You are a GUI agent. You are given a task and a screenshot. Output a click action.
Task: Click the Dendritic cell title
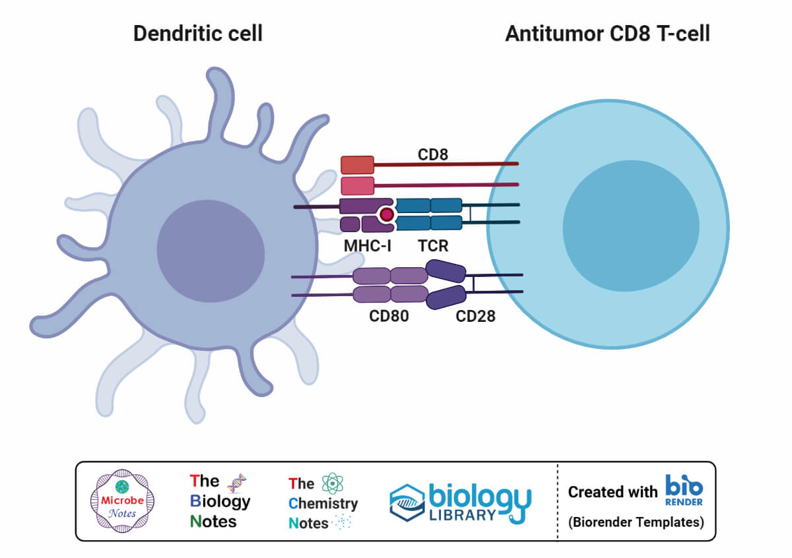click(x=198, y=34)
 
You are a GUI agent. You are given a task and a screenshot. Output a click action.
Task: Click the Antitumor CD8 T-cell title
click(x=607, y=34)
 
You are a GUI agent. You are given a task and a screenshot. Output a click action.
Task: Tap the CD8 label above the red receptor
click(x=433, y=154)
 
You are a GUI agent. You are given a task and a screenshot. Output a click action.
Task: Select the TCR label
click(x=433, y=246)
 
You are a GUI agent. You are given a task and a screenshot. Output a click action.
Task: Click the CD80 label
click(x=389, y=316)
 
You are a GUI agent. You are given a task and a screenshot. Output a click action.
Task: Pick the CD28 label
click(x=475, y=316)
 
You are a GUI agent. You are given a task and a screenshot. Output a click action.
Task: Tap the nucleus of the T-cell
click(x=630, y=226)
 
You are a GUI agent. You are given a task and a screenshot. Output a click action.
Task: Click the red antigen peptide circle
click(x=386, y=214)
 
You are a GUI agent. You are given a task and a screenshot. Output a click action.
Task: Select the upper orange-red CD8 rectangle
click(x=357, y=165)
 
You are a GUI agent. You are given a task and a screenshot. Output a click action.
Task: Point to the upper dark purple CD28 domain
click(x=446, y=270)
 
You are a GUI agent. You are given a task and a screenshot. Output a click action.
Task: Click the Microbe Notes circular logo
click(x=121, y=502)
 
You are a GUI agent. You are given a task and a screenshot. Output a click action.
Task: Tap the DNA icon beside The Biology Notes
click(x=237, y=483)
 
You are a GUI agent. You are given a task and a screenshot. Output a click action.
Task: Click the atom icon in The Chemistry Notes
click(x=333, y=484)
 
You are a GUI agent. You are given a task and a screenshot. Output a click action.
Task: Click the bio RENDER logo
click(x=684, y=491)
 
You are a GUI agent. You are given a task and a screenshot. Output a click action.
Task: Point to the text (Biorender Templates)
click(x=636, y=522)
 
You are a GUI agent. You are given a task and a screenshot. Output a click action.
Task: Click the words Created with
click(x=612, y=492)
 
